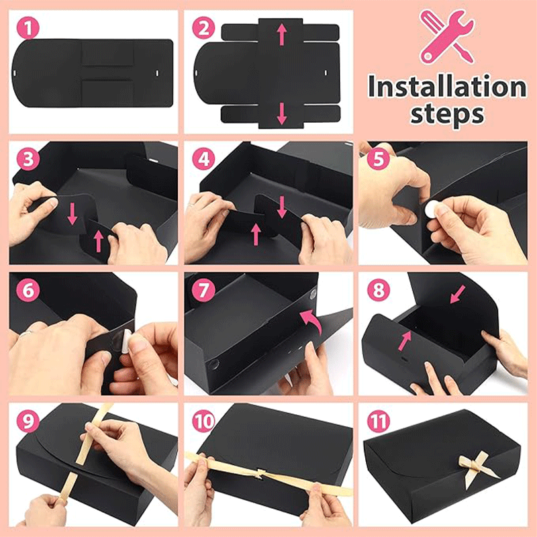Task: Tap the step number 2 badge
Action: coord(204,28)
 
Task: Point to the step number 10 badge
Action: coord(204,422)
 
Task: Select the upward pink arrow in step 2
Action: coord(282,33)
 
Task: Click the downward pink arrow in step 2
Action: coord(282,113)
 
